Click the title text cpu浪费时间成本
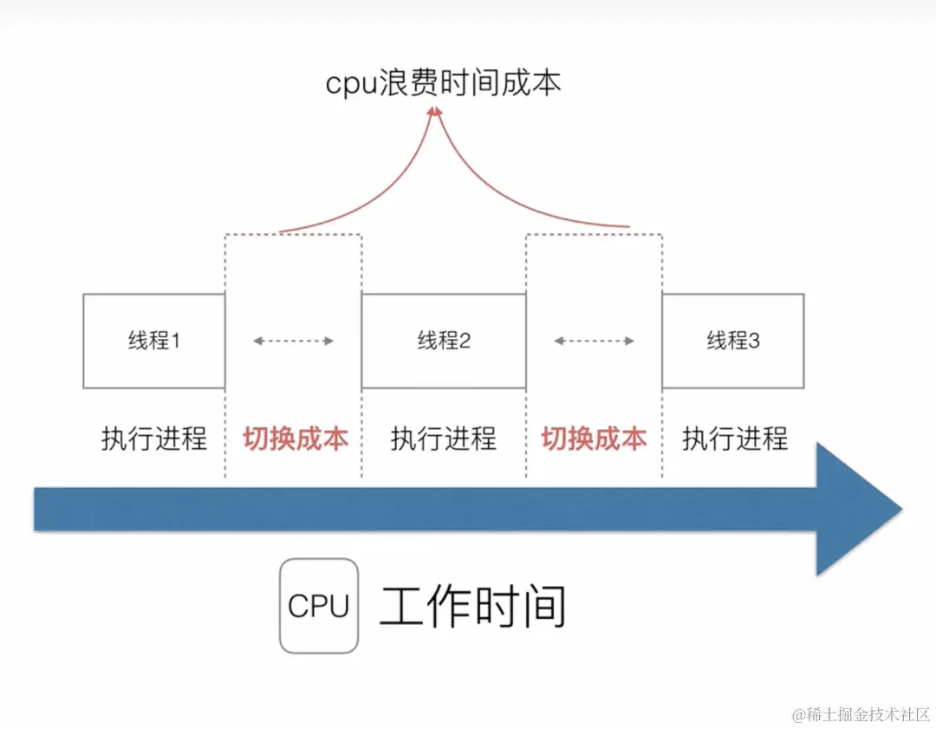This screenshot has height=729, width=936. point(443,82)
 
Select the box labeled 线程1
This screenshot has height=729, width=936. point(153,341)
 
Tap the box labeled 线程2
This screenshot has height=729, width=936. point(443,341)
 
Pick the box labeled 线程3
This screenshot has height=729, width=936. point(732,341)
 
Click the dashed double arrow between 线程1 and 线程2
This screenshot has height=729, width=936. point(293,342)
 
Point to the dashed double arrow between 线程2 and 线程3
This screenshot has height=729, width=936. point(594,342)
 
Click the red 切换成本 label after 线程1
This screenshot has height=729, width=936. point(295,439)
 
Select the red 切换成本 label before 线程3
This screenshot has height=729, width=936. point(594,439)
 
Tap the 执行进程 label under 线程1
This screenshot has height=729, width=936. point(153,439)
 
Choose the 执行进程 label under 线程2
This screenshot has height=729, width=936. point(443,439)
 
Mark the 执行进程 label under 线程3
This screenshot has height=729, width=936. point(734,439)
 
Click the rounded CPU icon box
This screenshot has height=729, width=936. point(318,606)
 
